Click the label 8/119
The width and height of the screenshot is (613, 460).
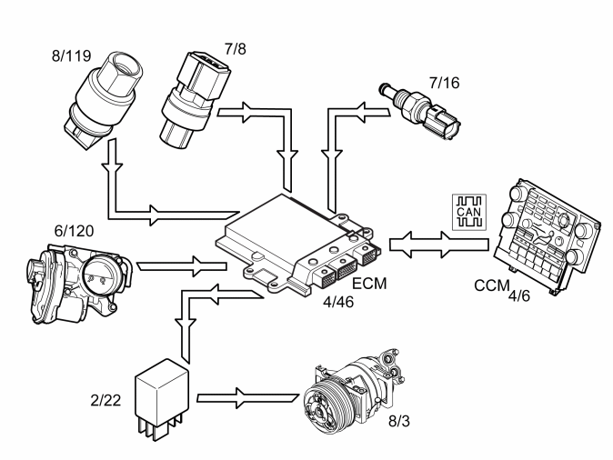tap(72, 55)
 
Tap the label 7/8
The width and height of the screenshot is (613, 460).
tap(236, 49)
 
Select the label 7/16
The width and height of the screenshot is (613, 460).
tap(444, 83)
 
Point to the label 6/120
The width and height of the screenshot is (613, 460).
tap(75, 231)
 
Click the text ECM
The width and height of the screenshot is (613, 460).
tap(369, 284)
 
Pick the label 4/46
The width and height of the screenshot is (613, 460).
tap(338, 302)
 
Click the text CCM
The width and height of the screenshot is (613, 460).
tap(492, 285)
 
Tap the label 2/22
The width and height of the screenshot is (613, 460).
tap(106, 400)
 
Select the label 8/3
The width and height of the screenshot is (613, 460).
tap(399, 421)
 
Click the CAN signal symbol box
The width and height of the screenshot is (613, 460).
tap(469, 212)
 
